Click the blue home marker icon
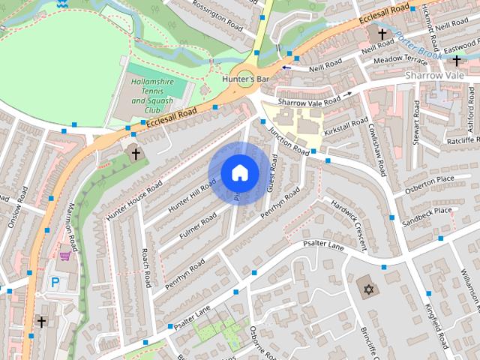click(x=239, y=172)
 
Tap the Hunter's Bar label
click(x=245, y=78)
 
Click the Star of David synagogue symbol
click(x=367, y=289)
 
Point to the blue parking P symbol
click(x=54, y=283)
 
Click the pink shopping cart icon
click(x=65, y=256)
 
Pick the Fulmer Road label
click(x=198, y=226)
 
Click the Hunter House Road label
click(x=134, y=201)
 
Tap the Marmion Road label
click(x=73, y=226)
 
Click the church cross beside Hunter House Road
click(x=136, y=154)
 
